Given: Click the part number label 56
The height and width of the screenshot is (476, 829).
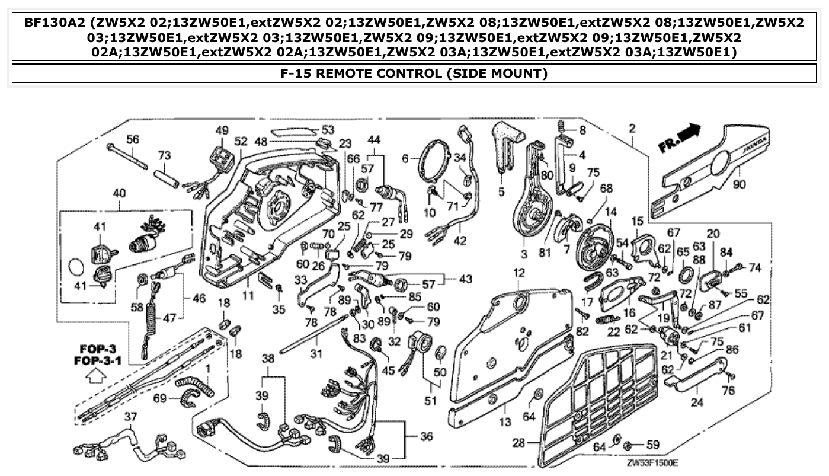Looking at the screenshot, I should click(x=133, y=139).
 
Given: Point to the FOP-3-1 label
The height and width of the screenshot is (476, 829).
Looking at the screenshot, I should click(x=98, y=360).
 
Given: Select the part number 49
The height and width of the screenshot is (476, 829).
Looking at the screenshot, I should click(x=222, y=130).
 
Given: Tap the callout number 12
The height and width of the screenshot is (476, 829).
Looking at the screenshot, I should click(x=519, y=273).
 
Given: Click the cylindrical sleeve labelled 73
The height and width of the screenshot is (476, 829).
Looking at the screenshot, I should click(x=167, y=177).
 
